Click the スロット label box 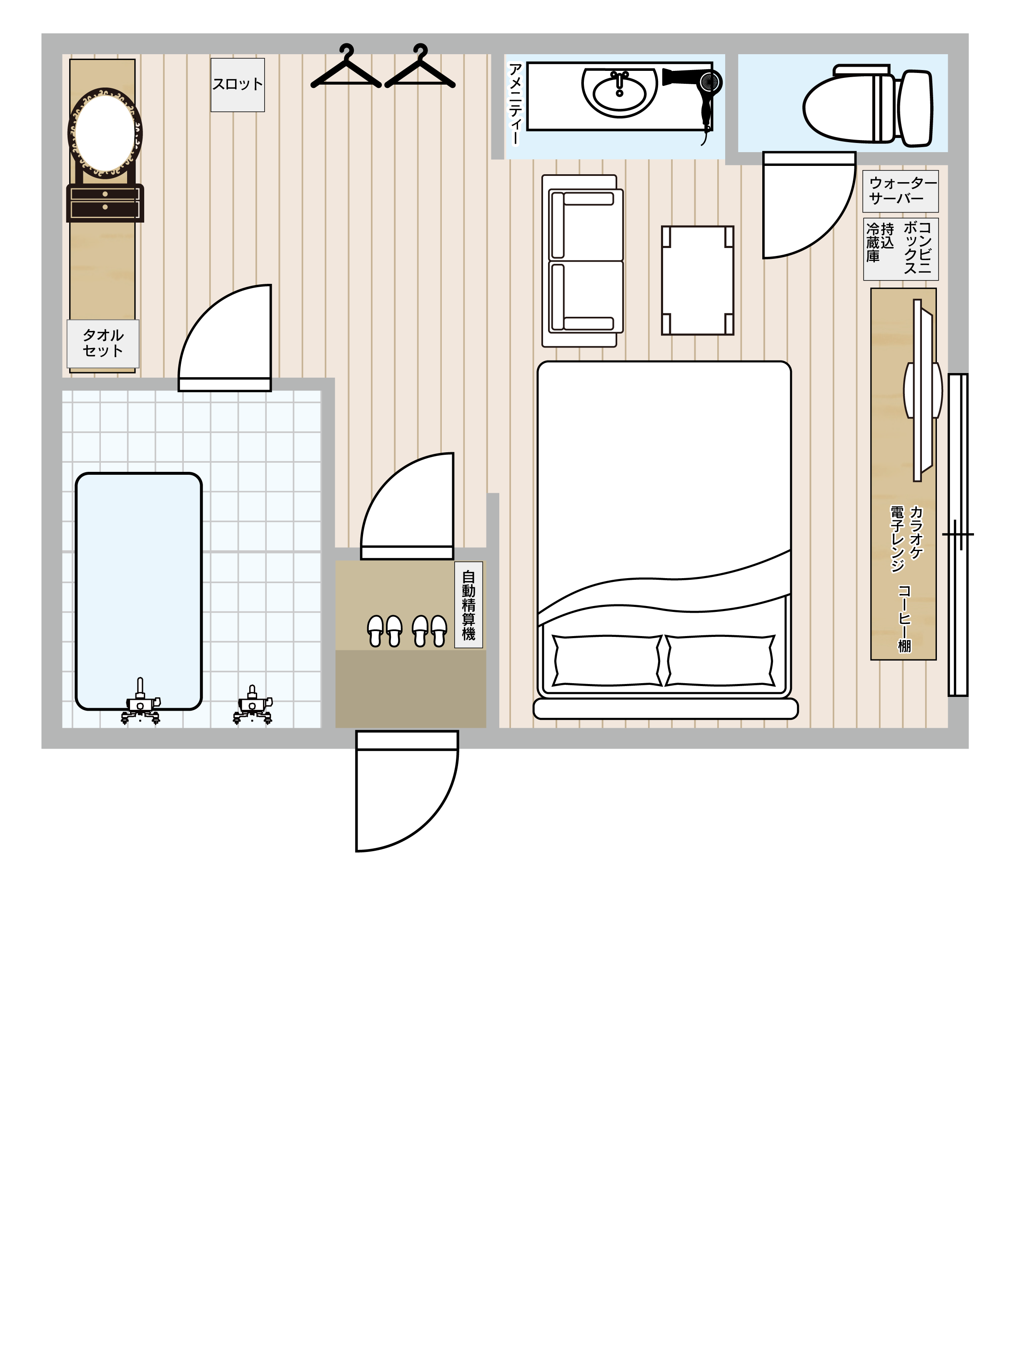click(x=238, y=85)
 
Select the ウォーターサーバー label click(x=900, y=191)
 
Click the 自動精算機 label click(x=468, y=605)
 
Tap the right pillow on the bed click(x=719, y=661)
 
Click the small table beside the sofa click(x=698, y=281)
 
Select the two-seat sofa click(x=583, y=261)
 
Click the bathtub click(x=139, y=591)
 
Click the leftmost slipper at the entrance click(x=375, y=630)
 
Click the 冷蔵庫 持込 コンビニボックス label click(x=900, y=249)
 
